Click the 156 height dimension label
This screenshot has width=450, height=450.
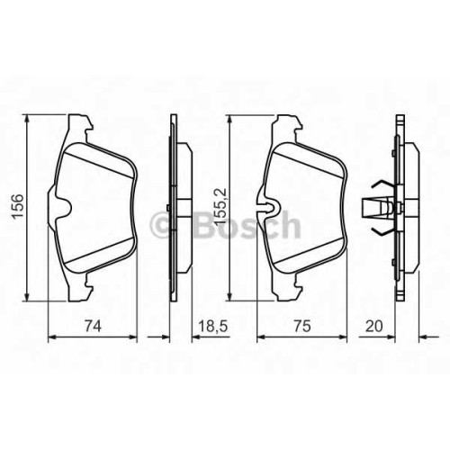click(17, 206)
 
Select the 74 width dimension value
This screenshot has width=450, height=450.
click(93, 326)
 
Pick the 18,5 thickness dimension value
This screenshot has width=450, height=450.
click(214, 326)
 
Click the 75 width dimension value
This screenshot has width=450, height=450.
click(302, 326)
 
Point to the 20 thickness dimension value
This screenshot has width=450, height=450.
click(374, 326)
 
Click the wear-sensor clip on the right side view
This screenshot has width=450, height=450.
click(377, 208)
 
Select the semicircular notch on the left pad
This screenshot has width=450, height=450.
click(64, 208)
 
